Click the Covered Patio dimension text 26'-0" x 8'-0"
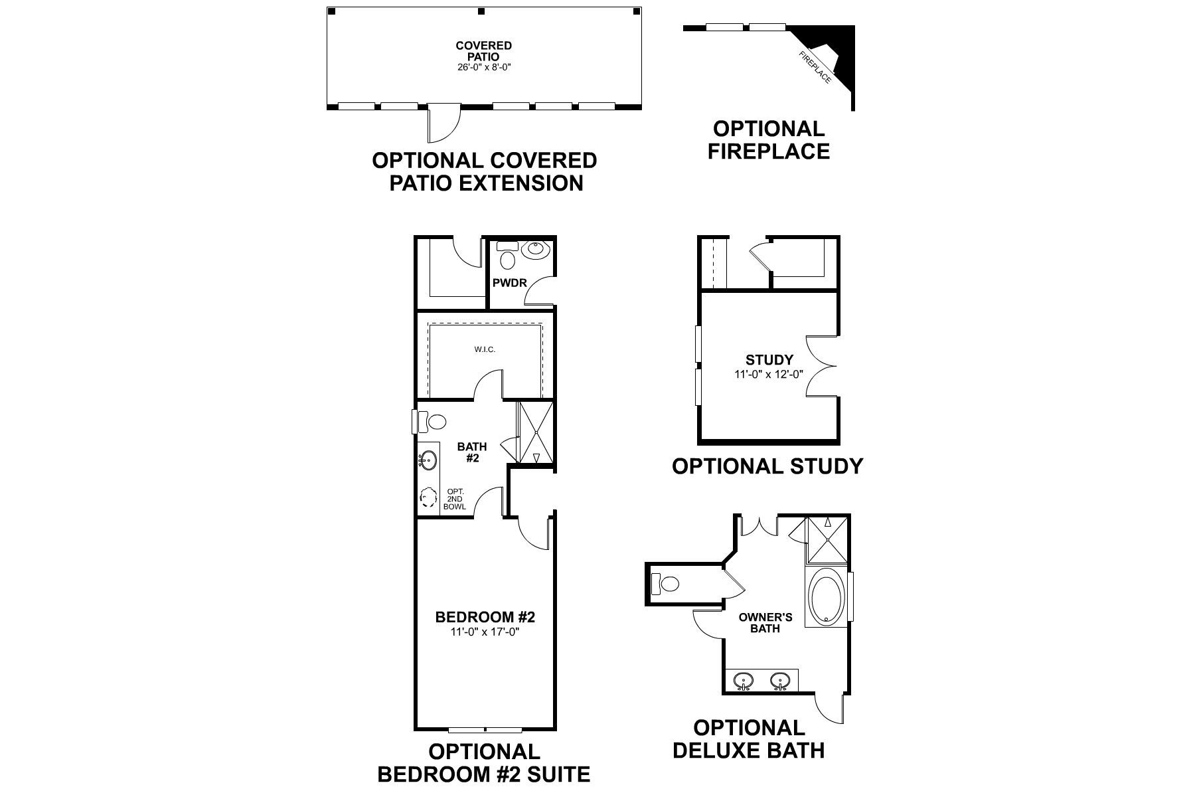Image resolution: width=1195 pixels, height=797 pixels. pyautogui.click(x=483, y=67)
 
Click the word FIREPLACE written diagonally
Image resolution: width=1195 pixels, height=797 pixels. pyautogui.click(x=815, y=68)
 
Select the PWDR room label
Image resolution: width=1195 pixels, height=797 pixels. pyautogui.click(x=509, y=283)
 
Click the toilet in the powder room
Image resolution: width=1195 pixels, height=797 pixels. pyautogui.click(x=508, y=258)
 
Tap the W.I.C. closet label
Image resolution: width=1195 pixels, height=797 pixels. pyautogui.click(x=485, y=349)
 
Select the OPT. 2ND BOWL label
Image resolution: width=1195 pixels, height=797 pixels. pyautogui.click(x=455, y=499)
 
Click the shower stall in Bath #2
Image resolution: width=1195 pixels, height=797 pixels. pyautogui.click(x=535, y=433)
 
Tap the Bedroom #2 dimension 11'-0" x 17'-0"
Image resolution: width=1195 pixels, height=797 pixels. pyautogui.click(x=485, y=632)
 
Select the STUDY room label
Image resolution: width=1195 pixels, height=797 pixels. pyautogui.click(x=769, y=361)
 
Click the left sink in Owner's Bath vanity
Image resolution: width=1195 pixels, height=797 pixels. pyautogui.click(x=744, y=680)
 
